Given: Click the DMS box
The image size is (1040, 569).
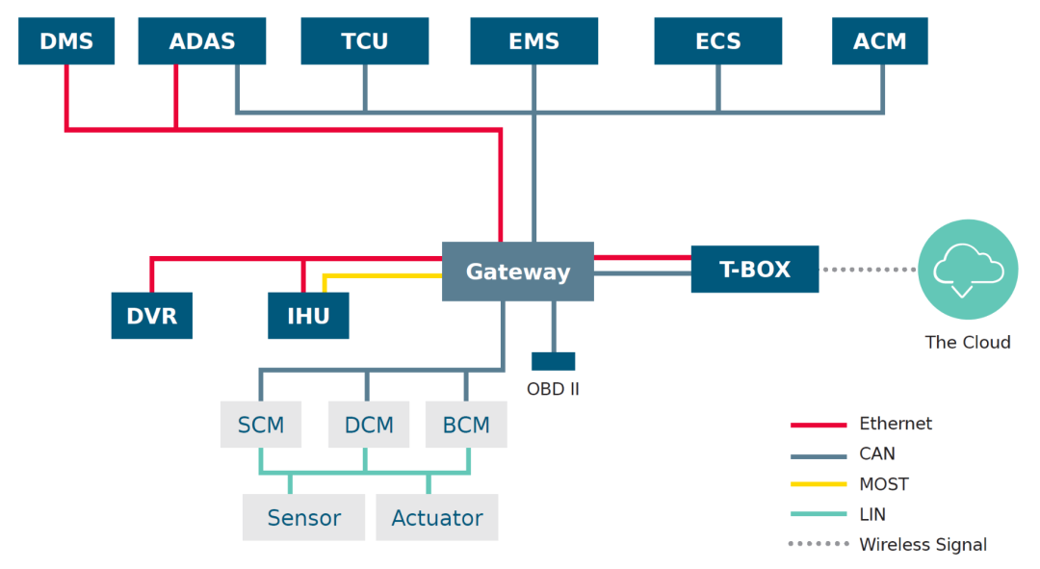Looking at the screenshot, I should (x=66, y=41).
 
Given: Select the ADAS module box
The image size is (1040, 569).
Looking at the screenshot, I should (x=202, y=41).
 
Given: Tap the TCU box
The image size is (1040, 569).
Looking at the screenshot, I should (x=364, y=41).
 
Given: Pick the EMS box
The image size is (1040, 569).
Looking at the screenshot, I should (x=533, y=41).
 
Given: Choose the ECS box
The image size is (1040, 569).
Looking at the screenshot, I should (x=717, y=41).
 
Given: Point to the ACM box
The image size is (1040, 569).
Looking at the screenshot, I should (x=879, y=41).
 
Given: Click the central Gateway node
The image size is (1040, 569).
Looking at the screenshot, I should (x=518, y=272).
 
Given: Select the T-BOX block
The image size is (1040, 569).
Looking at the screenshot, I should (x=755, y=270).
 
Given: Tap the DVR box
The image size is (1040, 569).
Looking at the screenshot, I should (x=152, y=316).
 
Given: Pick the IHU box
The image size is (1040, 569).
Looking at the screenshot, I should (x=308, y=316).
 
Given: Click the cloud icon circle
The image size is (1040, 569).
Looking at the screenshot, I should (x=968, y=269).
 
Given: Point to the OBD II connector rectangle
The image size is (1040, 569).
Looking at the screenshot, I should (x=554, y=361).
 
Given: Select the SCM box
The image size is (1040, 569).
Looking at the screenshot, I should (x=261, y=425).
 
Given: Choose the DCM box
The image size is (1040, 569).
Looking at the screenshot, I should (x=369, y=425).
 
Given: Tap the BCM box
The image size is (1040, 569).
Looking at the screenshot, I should (x=466, y=425).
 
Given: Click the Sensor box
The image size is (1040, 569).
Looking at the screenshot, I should (x=303, y=518).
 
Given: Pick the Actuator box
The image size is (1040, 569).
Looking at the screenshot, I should (x=437, y=518).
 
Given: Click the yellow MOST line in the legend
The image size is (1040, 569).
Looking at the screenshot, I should (x=818, y=484).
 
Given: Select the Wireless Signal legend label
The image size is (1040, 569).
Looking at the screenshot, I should (x=923, y=545).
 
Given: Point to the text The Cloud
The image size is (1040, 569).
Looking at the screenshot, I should (x=968, y=342).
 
